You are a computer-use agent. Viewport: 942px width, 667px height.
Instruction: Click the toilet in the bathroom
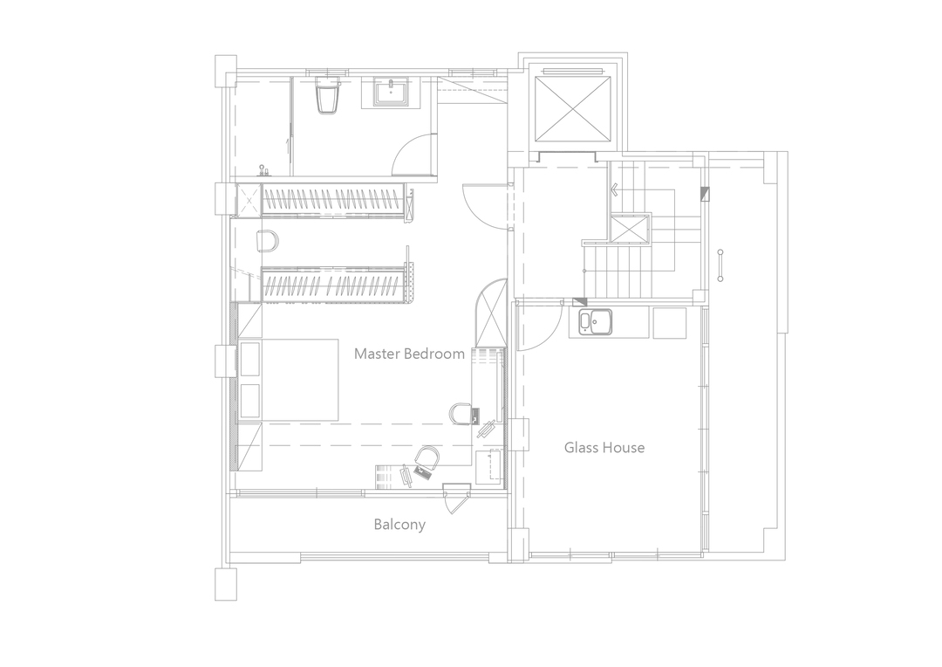(x=326, y=95)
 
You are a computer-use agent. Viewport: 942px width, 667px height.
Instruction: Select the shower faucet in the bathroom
(x=262, y=170)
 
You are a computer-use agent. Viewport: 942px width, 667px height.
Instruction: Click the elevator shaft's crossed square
(x=574, y=110)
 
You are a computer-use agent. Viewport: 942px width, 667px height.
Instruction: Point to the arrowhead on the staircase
(x=615, y=190)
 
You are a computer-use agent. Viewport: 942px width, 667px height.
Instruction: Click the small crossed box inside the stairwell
(x=631, y=227)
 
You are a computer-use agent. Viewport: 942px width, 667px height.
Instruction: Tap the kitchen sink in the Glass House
(x=595, y=322)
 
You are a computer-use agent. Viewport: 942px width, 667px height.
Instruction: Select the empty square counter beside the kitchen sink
(x=669, y=323)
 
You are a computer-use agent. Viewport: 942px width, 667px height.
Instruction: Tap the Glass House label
(x=604, y=448)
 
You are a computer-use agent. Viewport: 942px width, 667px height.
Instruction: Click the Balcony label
(x=399, y=525)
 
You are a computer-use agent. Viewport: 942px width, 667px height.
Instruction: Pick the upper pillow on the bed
(x=250, y=360)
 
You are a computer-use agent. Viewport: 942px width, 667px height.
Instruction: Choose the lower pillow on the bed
(x=250, y=401)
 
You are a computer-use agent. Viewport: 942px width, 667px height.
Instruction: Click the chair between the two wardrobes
(x=268, y=241)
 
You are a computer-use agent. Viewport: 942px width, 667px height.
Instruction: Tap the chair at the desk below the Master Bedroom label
(x=461, y=413)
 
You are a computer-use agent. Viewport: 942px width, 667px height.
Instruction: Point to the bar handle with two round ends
(x=720, y=265)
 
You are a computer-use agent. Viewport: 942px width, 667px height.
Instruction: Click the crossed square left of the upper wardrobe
(x=249, y=198)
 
